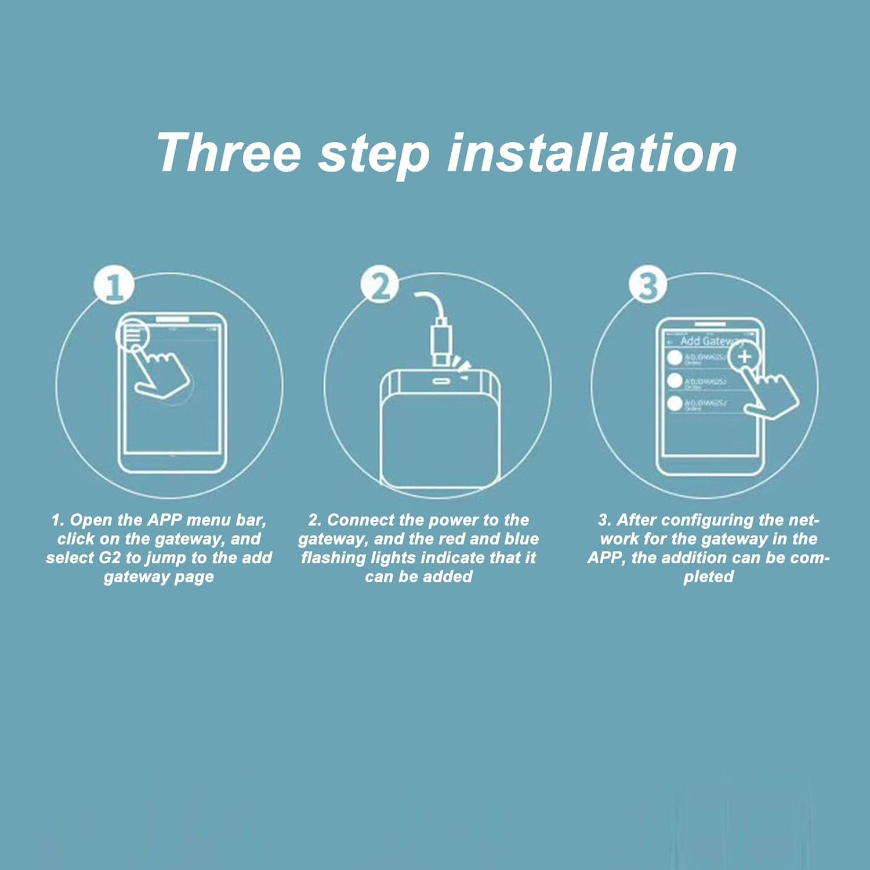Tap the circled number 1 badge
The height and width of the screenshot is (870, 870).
click(114, 285)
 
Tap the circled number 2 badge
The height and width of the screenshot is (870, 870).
click(379, 285)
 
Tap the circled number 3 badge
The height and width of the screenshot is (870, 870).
click(648, 285)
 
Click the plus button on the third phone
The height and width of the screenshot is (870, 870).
click(744, 356)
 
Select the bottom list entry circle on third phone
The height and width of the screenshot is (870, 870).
click(675, 403)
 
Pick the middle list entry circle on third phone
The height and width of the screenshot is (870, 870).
click(675, 380)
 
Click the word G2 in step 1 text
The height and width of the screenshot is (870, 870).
click(108, 558)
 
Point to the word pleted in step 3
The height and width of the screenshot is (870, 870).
click(708, 577)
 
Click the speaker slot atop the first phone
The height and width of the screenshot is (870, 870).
click(172, 319)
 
